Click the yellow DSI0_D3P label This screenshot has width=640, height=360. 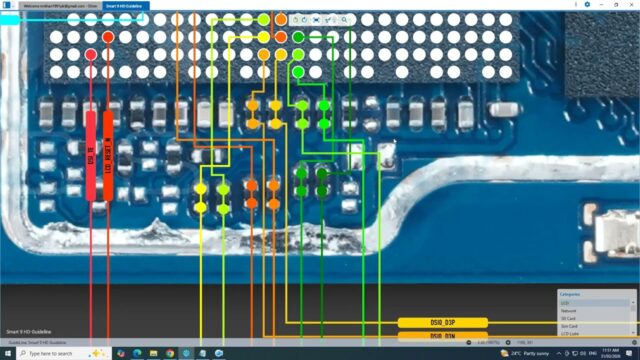click(442, 323)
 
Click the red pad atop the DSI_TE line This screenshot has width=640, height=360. click(91, 54)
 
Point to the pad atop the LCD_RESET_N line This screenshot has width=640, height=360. click(108, 37)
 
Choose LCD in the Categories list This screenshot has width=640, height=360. click(596, 302)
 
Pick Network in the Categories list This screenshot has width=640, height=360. click(596, 310)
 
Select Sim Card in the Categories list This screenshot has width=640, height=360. click(596, 326)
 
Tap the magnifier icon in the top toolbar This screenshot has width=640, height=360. click(344, 19)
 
